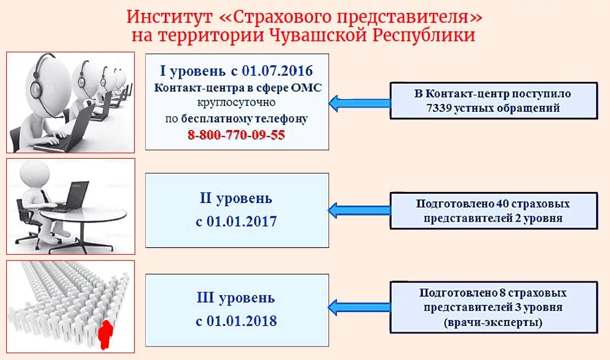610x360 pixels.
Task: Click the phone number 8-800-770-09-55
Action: pyautogui.click(x=237, y=135)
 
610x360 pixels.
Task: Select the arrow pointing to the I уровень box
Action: pyautogui.click(x=360, y=102)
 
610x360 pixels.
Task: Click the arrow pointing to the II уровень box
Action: pyautogui.click(x=360, y=210)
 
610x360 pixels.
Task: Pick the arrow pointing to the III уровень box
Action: pyautogui.click(x=360, y=306)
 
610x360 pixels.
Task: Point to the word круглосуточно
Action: pyautogui.click(x=237, y=102)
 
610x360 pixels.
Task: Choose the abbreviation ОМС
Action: pyautogui.click(x=308, y=88)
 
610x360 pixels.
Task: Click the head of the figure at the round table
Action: pyautogui.click(x=29, y=175)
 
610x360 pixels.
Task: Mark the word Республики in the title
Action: pyautogui.click(x=424, y=34)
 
